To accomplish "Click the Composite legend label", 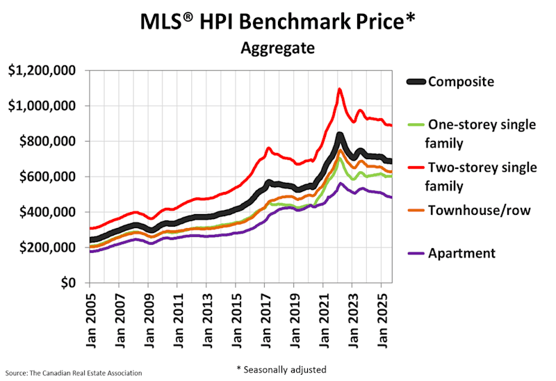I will coord(461,81).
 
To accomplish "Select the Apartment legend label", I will coord(461,252).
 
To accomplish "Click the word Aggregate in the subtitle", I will coord(277,49).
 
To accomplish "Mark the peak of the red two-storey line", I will coord(339,89).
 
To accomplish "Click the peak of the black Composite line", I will coord(339,135).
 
